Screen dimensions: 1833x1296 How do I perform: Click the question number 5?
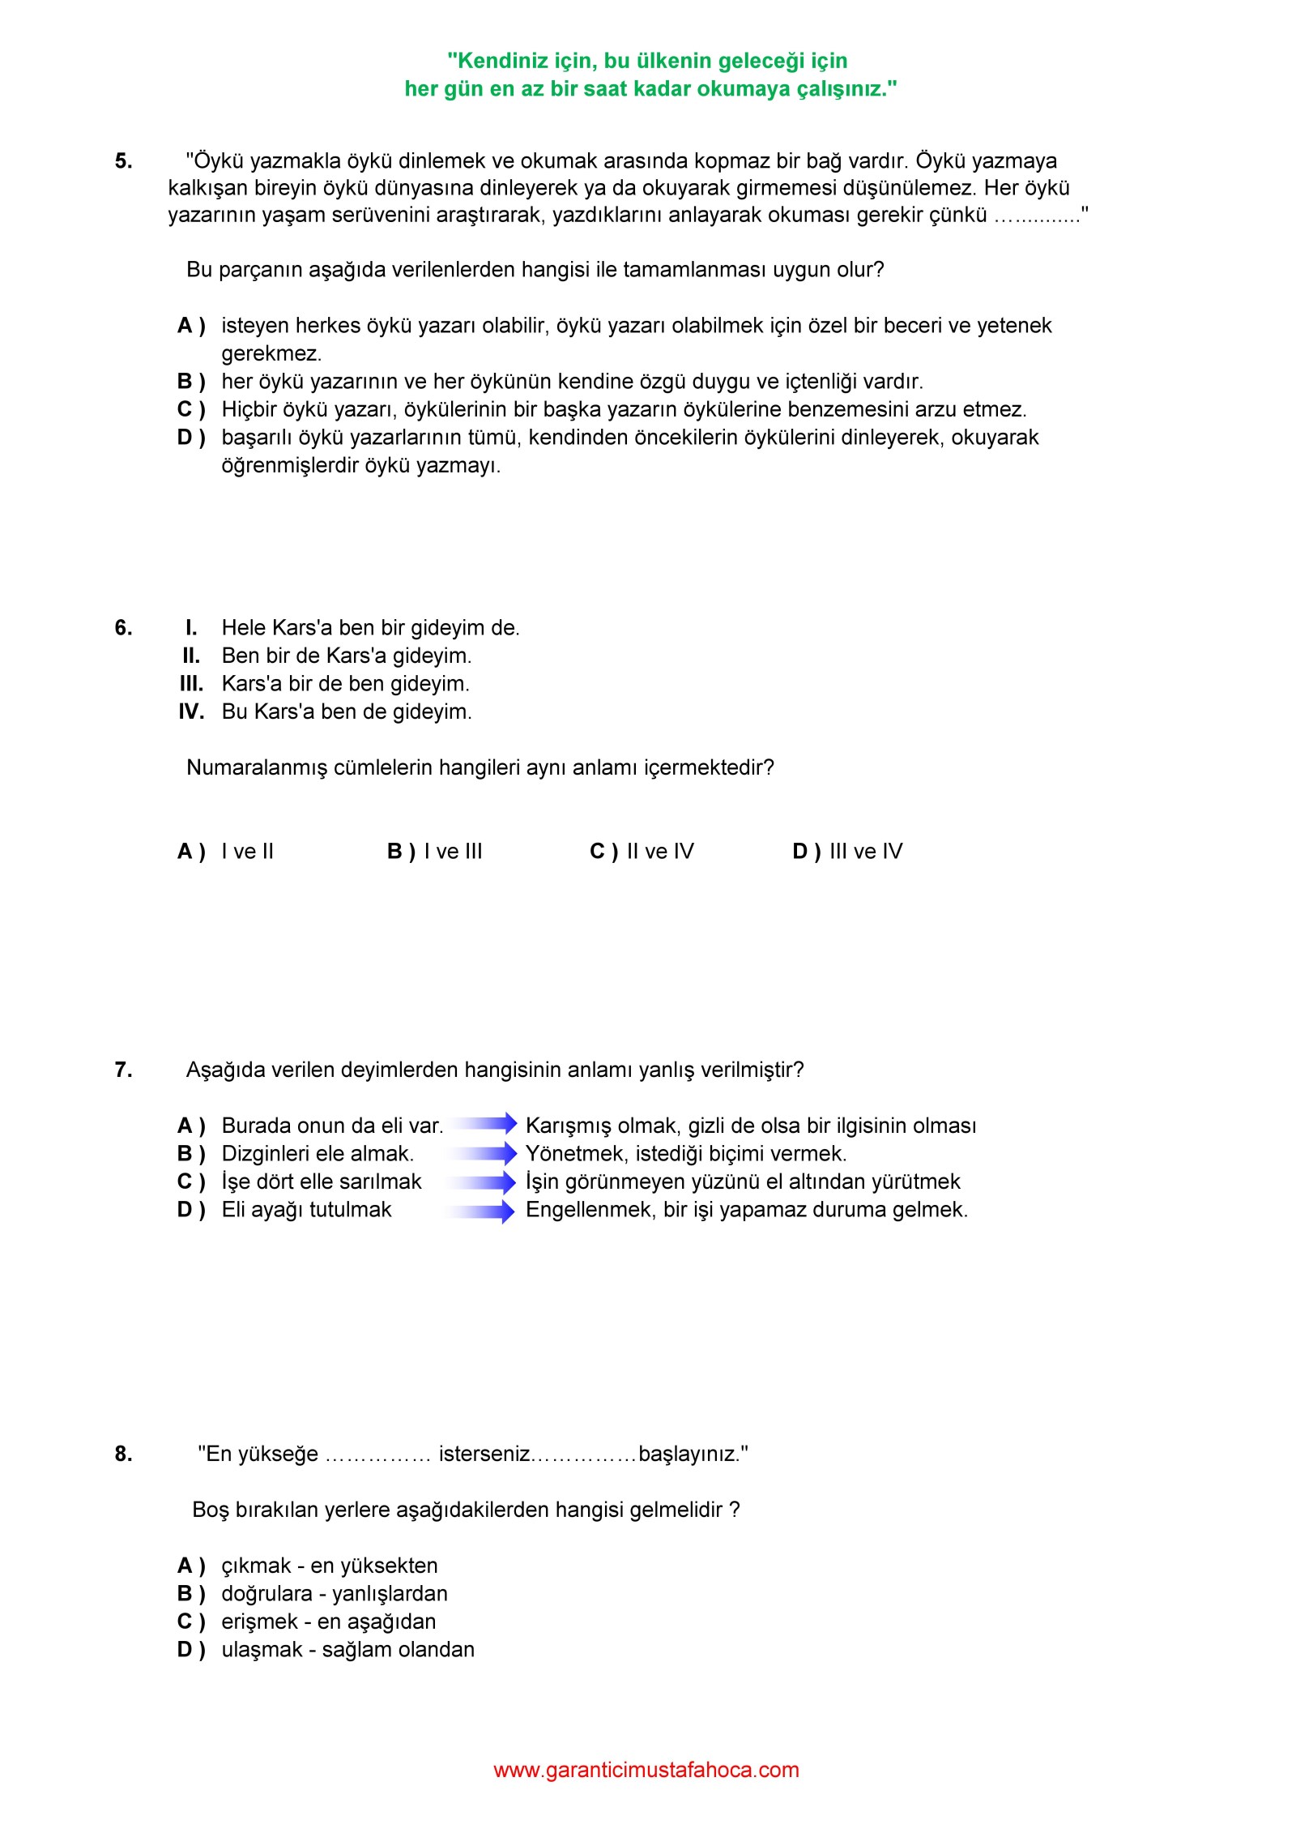[123, 161]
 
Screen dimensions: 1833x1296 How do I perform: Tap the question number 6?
[123, 628]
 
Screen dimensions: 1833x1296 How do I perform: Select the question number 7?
[123, 1070]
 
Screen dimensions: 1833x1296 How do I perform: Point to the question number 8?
[123, 1455]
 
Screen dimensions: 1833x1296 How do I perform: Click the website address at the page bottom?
[646, 1771]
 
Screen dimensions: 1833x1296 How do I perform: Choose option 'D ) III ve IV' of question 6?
[847, 852]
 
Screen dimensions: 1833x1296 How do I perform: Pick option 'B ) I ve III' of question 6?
[435, 852]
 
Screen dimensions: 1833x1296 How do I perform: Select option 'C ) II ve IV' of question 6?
[642, 852]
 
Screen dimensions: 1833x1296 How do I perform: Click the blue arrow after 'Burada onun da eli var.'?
[484, 1124]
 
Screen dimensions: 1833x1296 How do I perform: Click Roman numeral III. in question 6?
[191, 684]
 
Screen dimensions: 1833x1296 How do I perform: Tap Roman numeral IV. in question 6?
[191, 712]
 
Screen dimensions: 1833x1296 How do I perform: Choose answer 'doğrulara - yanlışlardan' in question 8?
[334, 1594]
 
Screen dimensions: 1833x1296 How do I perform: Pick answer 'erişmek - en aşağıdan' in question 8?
[328, 1621]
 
